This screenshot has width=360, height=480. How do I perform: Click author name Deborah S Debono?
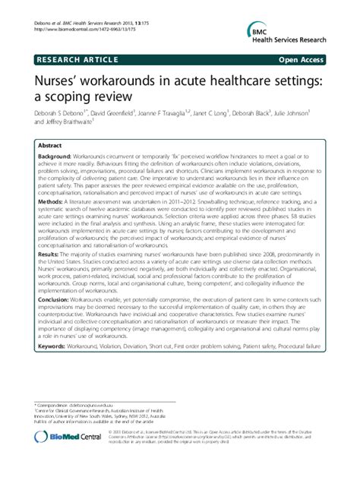point(64,113)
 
